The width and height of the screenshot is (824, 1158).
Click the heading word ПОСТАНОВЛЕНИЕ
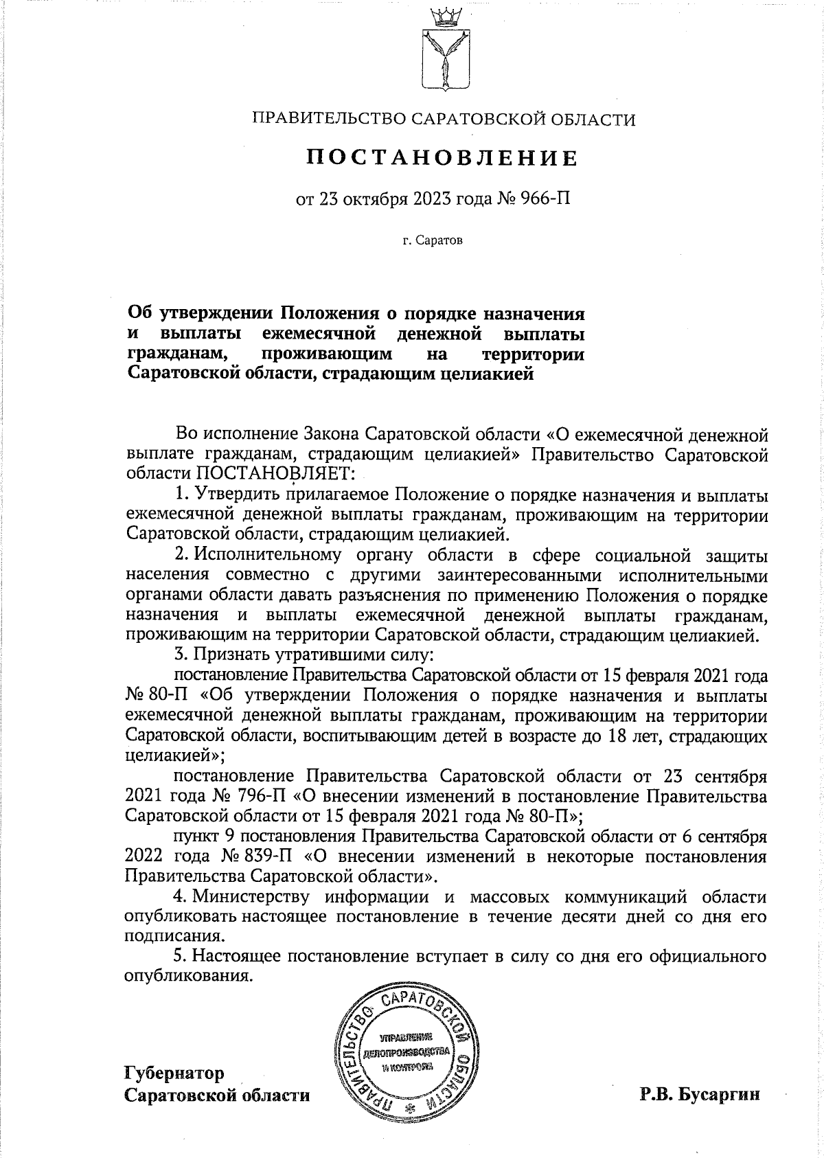(x=442, y=159)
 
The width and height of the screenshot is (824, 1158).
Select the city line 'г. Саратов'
(x=433, y=241)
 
